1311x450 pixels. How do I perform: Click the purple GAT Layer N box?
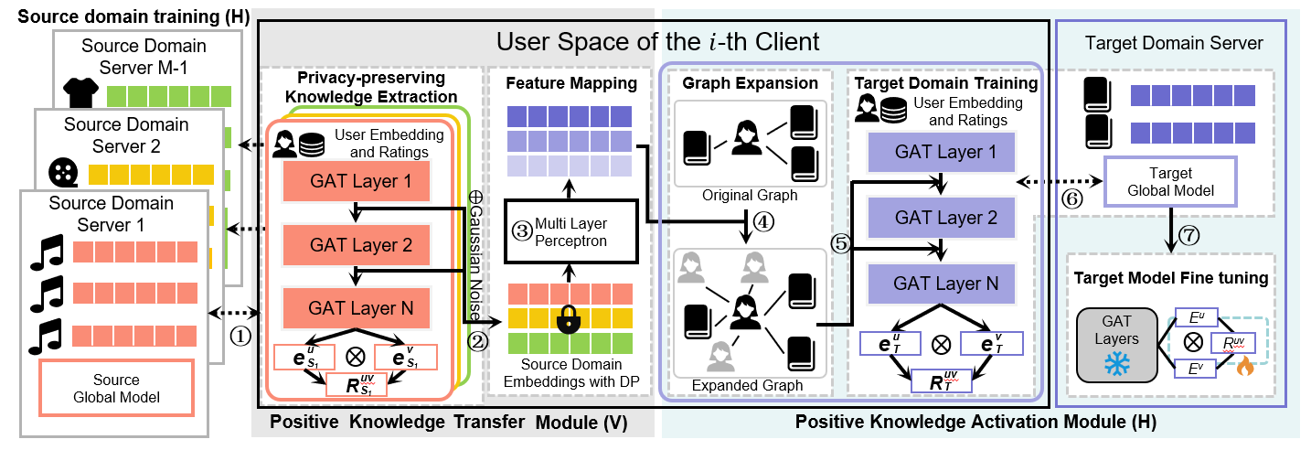pos(939,283)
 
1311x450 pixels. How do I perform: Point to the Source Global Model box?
pos(116,388)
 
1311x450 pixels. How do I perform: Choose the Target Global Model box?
pos(1171,181)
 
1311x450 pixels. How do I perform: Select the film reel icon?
pos(65,171)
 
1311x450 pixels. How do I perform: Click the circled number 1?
pos(239,336)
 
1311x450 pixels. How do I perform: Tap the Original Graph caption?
pos(750,196)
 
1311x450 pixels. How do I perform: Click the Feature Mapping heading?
pos(570,83)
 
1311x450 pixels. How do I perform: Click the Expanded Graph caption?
pos(749,386)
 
